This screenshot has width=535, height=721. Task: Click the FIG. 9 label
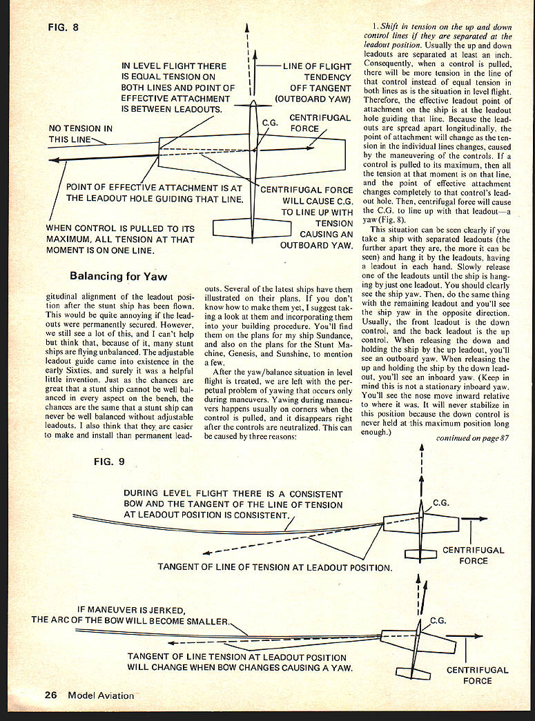pos(109,462)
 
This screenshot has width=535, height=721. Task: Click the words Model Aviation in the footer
pos(101,695)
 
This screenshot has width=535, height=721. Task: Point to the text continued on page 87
pos(472,437)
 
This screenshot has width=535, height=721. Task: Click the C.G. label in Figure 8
pos(270,122)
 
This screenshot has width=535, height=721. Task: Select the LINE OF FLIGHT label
pos(317,66)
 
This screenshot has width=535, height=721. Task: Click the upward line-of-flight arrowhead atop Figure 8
pos(248,29)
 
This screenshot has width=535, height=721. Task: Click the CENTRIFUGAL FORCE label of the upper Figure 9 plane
pos(473,555)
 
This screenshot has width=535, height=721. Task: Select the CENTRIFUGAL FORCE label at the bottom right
pos(477,675)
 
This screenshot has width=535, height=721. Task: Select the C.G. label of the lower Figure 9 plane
pos(438,620)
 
